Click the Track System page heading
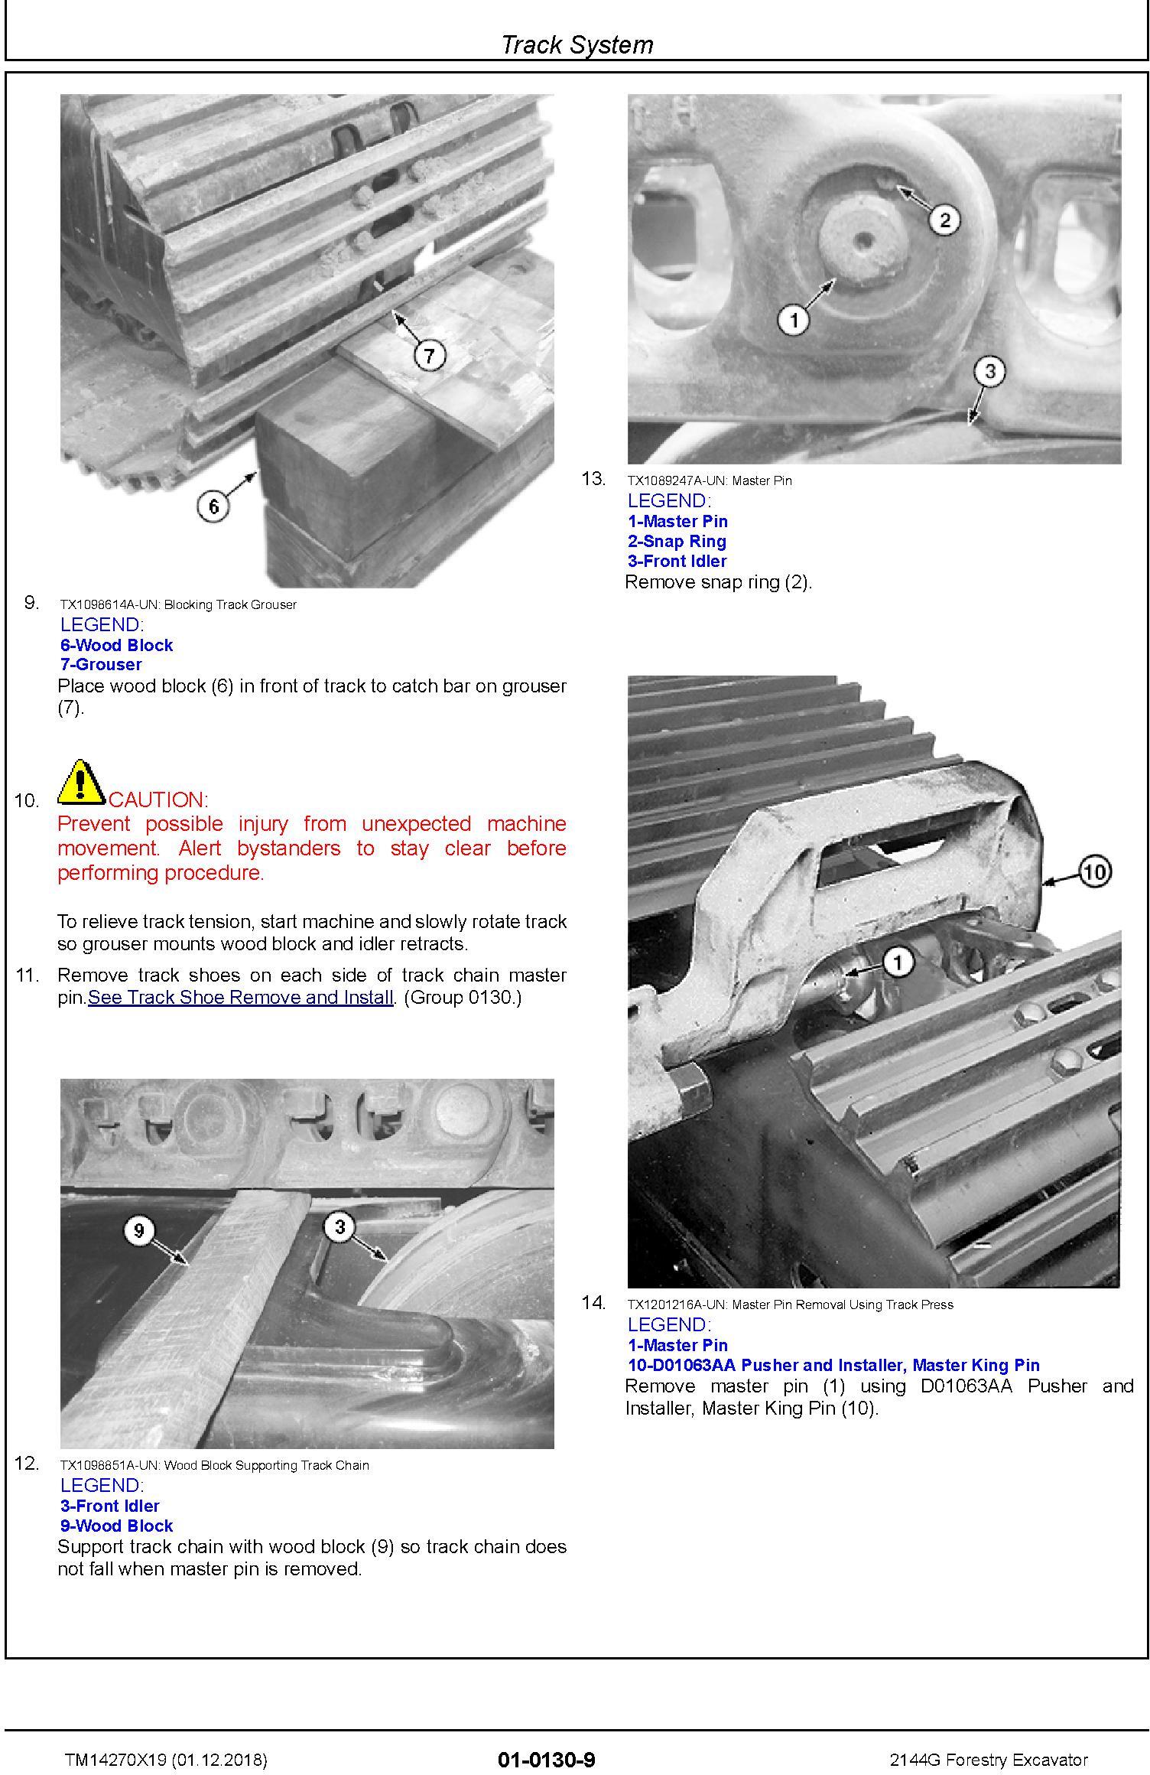[x=577, y=44]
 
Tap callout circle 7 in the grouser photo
[x=429, y=355]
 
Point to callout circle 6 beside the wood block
[x=213, y=506]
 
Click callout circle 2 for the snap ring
[x=944, y=220]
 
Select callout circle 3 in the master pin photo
[x=989, y=372]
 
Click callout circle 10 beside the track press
[x=1094, y=871]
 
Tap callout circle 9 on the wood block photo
[x=138, y=1230]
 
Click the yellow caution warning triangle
[x=81, y=782]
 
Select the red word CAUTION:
[x=158, y=800]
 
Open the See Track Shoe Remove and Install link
[x=241, y=998]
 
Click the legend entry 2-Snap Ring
[x=677, y=541]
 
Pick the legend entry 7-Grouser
[x=101, y=664]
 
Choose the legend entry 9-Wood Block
[x=116, y=1526]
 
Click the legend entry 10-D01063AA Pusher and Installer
[x=833, y=1365]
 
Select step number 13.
[x=593, y=479]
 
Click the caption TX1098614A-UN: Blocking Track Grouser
[x=178, y=604]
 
